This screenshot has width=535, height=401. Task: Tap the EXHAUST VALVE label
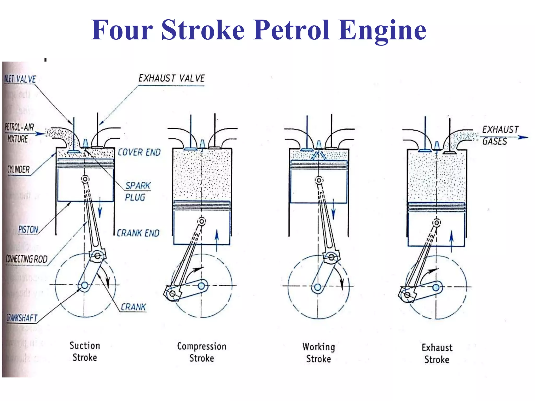171,78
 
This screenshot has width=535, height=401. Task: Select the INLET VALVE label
20,79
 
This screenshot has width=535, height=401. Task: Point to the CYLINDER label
19,170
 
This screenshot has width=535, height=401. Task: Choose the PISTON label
28,229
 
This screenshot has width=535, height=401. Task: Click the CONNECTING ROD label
27,259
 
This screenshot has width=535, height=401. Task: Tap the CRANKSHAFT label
22,318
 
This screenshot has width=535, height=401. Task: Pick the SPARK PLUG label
137,191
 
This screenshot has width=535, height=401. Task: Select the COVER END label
139,152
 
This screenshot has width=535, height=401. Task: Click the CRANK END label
138,233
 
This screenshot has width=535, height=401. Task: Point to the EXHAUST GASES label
500,135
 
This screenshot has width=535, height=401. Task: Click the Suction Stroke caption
85,351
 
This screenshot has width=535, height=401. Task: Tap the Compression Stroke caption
202,352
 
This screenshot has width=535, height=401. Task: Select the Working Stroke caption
319,353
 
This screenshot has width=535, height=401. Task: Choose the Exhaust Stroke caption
437,354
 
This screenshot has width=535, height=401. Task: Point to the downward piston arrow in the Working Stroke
333,209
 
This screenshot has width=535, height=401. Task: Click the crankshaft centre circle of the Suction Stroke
85,285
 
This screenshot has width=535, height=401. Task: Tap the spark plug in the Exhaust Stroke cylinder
437,145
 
